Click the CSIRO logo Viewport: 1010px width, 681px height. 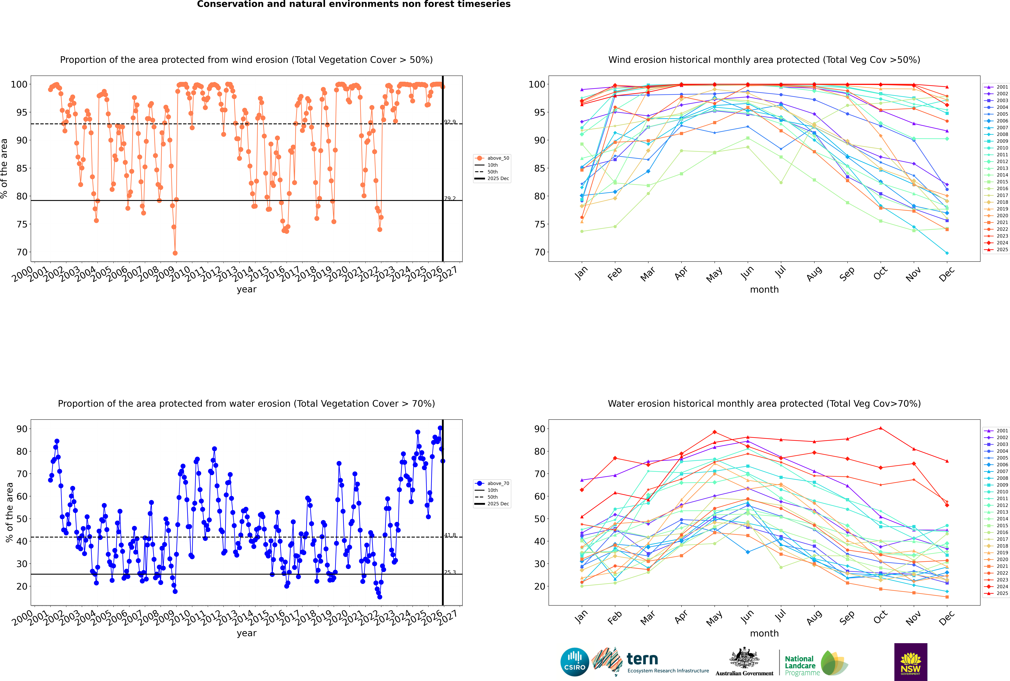574,662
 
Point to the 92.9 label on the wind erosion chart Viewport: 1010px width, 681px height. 450,122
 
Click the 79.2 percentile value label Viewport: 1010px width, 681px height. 450,198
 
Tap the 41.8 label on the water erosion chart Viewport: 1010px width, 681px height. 450,535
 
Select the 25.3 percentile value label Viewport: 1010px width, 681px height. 450,572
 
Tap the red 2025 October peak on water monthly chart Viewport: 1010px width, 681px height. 881,428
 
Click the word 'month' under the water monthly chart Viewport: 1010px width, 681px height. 764,633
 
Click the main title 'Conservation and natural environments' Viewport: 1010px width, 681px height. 353,4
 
